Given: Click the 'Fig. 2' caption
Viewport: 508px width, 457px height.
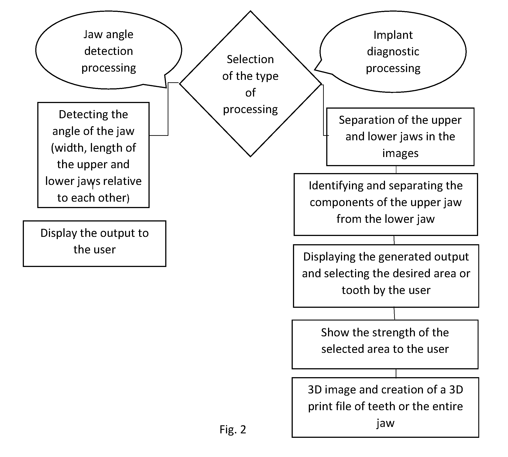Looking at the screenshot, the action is click(x=233, y=429).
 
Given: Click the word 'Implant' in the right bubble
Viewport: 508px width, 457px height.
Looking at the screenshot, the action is click(x=393, y=35).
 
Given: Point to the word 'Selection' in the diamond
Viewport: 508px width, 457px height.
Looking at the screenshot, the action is click(x=250, y=59).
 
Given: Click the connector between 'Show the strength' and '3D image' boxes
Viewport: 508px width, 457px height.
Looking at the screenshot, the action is click(x=396, y=373).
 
